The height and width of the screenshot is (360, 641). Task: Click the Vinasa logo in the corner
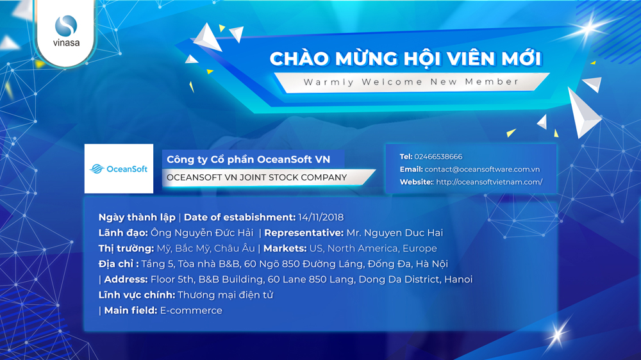[66, 31]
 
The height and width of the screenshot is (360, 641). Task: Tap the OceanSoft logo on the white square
[119, 168]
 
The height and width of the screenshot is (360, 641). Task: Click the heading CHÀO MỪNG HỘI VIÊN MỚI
[406, 58]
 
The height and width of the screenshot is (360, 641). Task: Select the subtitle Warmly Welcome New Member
[411, 82]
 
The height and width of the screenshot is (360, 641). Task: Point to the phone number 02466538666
[438, 156]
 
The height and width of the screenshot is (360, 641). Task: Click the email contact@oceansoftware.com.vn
[482, 169]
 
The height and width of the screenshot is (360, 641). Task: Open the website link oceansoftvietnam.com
[489, 182]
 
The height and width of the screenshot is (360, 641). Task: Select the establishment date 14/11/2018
[321, 217]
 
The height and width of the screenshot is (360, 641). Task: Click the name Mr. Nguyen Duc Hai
[394, 233]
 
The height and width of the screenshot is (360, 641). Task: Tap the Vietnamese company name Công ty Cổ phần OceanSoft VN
[248, 160]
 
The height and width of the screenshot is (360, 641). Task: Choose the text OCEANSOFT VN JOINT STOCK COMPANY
[257, 177]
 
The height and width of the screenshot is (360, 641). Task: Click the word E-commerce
[191, 311]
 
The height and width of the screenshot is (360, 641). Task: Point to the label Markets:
[285, 249]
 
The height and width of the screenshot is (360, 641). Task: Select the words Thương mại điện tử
[225, 295]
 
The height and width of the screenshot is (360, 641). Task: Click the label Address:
[126, 279]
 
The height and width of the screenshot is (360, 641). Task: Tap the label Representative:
[304, 233]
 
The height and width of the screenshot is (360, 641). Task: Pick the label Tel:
[406, 156]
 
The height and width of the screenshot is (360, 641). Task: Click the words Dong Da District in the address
[400, 279]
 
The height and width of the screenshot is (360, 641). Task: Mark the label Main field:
[131, 311]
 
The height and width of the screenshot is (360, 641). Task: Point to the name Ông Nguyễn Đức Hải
[202, 233]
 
